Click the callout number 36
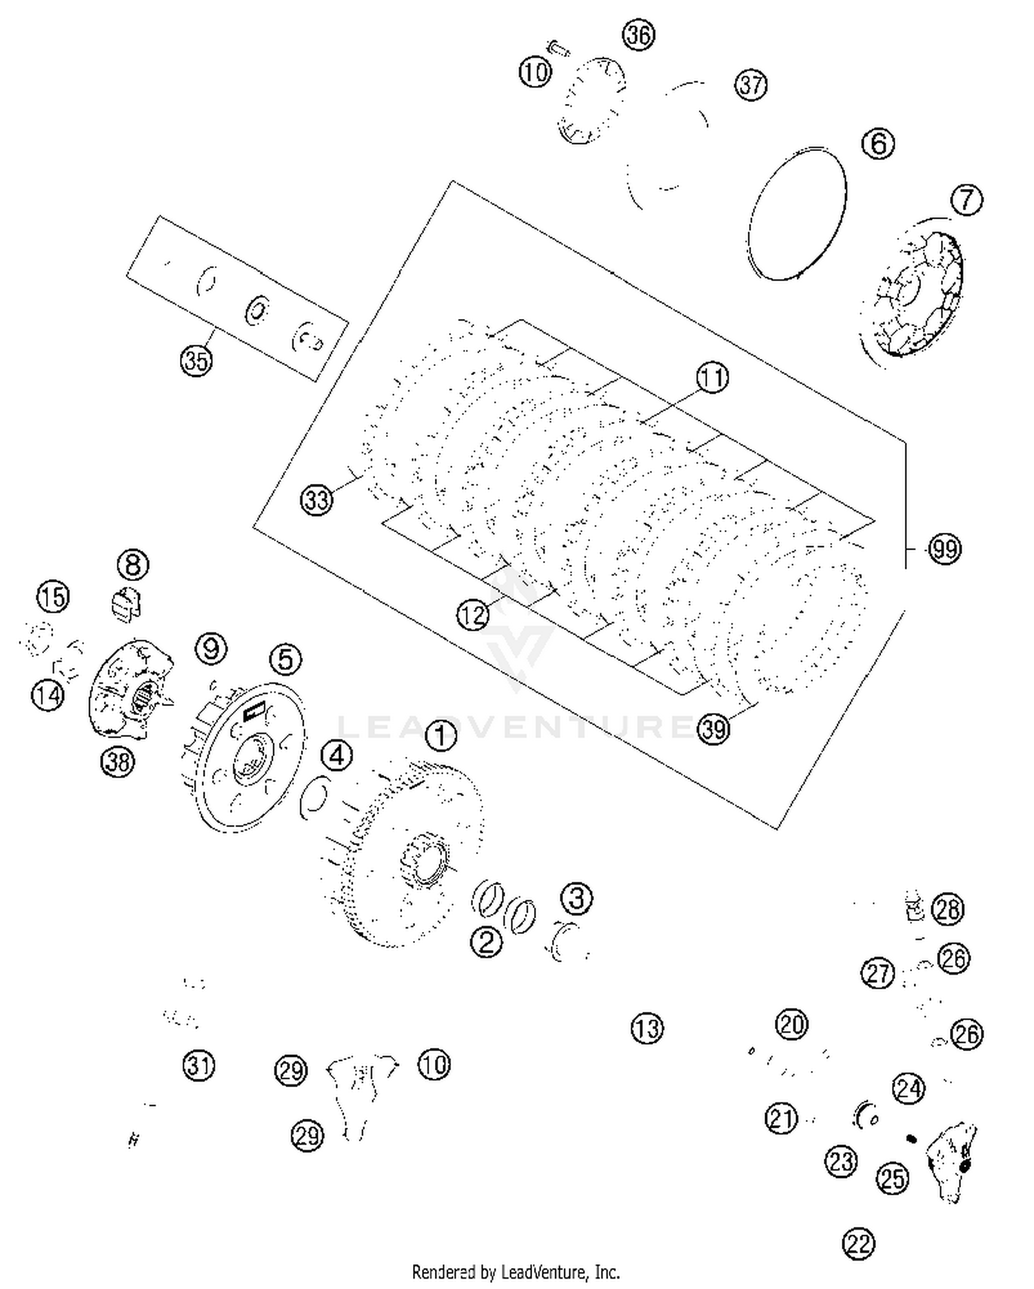pos(638,35)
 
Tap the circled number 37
pos(751,85)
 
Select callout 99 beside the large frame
pos(944,549)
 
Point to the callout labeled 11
pos(712,378)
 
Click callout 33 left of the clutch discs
pos(316,499)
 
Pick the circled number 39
pos(713,729)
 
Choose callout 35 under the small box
pos(196,360)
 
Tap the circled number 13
pos(647,1028)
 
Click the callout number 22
pos(858,1244)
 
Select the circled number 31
pos(199,1066)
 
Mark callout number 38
pos(117,762)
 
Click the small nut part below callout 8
pos(125,602)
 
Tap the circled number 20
pos(791,1024)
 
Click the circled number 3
pos(576,898)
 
